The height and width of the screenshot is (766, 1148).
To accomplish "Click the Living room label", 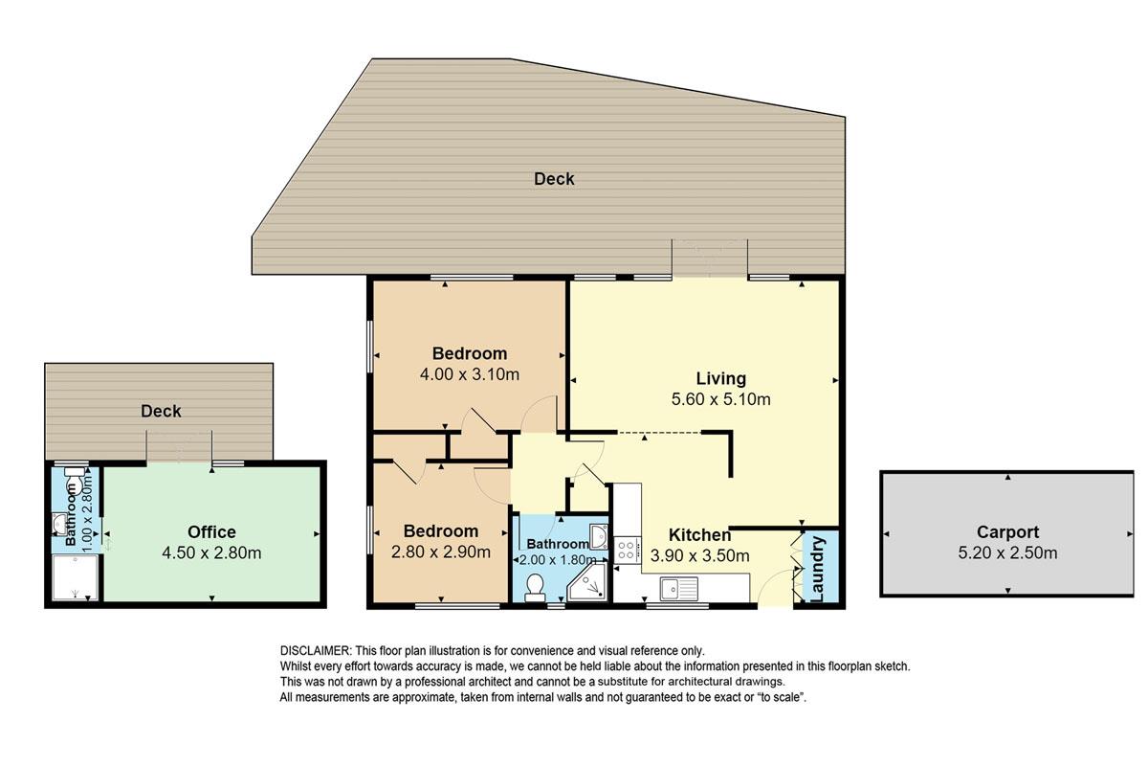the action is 720,378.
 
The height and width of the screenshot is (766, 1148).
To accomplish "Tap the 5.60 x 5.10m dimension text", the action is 720,399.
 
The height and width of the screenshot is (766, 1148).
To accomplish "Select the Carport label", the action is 1007,532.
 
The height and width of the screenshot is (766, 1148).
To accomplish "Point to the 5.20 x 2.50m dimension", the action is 1007,553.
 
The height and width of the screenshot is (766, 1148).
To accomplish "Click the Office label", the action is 211,532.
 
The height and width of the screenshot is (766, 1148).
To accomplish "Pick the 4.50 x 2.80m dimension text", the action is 211,553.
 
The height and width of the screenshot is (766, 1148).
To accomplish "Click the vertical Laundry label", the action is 818,570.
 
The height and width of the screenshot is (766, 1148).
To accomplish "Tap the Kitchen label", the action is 699,535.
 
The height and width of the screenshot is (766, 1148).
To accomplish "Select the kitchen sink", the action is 679,589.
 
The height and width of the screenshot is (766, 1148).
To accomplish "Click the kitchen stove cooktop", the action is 628,550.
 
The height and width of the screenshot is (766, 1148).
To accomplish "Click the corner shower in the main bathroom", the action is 587,583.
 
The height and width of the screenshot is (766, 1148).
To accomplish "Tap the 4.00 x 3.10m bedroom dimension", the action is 470,374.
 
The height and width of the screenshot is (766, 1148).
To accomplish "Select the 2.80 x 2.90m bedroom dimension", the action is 441,552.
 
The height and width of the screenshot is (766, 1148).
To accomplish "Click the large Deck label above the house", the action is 554,179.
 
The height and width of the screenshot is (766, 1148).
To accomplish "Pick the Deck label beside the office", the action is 161,411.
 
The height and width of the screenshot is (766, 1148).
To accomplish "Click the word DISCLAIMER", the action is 315,651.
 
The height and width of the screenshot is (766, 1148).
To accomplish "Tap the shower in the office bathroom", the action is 75,577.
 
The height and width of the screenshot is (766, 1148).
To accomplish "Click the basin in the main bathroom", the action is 599,536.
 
